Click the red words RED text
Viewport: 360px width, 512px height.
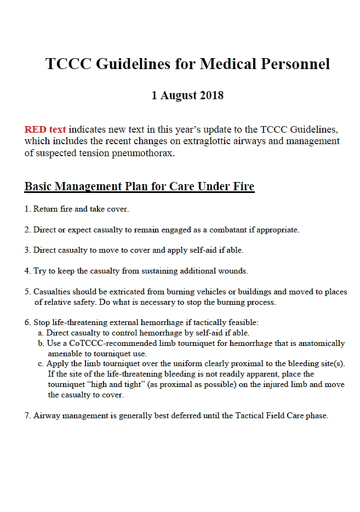45,130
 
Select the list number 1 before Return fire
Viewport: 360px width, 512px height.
27,209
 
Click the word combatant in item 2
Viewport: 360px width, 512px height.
227,230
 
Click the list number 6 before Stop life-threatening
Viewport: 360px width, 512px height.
27,322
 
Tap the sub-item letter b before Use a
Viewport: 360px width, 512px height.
41,344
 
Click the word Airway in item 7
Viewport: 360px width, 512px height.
47,416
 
